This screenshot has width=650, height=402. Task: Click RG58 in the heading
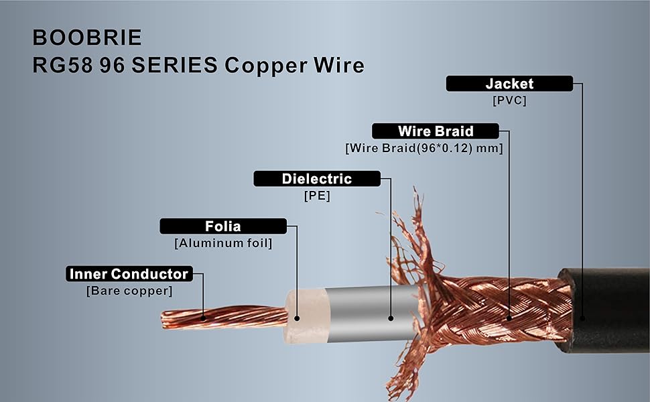(61, 65)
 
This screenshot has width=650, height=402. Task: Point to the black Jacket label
(509, 84)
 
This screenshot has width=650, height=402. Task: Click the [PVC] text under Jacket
(509, 101)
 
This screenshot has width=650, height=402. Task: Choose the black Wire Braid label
(435, 131)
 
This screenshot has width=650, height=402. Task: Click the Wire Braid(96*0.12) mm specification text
(424, 149)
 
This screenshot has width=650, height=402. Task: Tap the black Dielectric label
(316, 179)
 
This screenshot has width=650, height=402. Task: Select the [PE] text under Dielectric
(317, 197)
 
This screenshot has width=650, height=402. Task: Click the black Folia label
(222, 226)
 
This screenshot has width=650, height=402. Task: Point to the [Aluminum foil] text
(223, 244)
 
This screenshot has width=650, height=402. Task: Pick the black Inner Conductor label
(129, 274)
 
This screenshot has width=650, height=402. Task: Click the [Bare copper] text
(129, 291)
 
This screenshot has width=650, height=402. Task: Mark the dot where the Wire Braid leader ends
(509, 318)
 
